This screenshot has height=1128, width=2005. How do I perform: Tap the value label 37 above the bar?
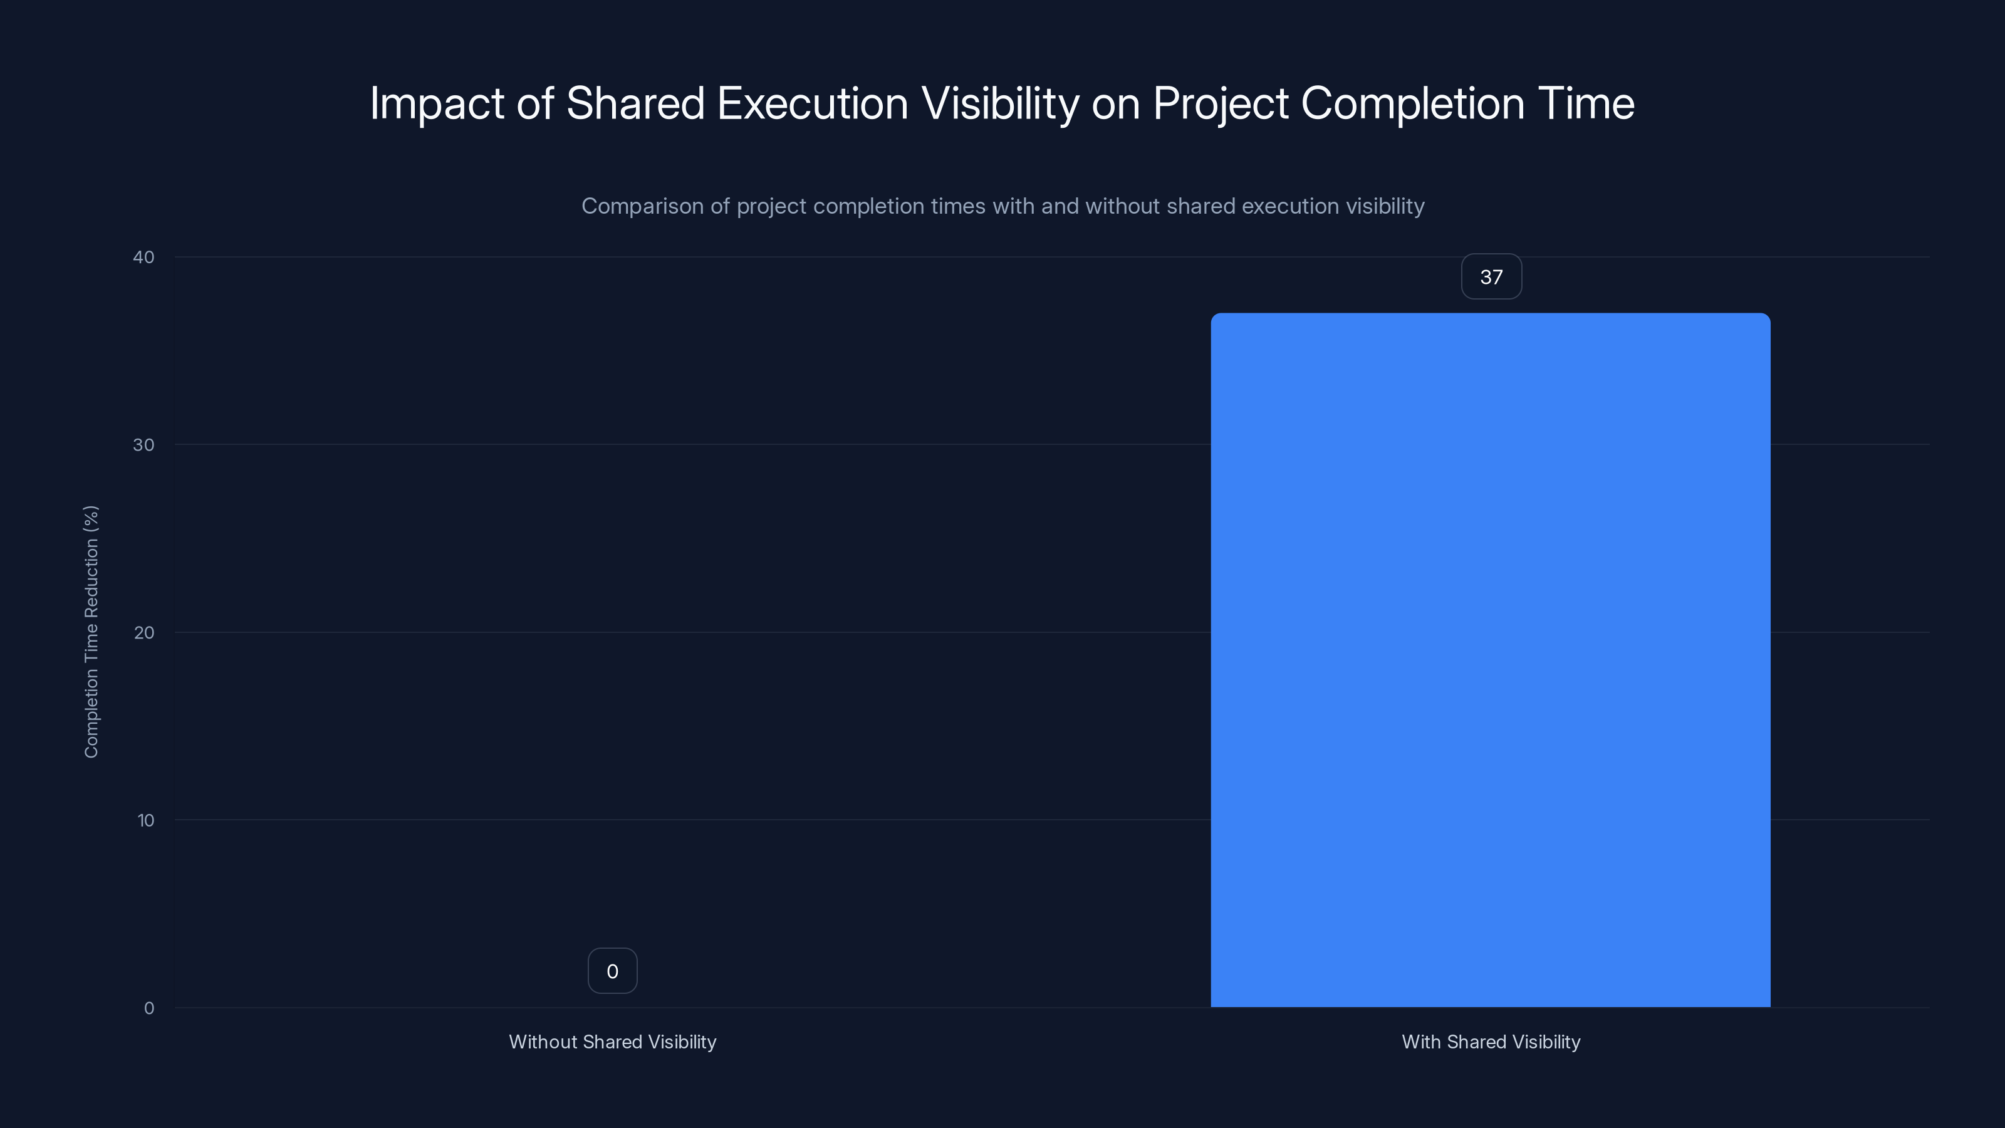click(x=1491, y=277)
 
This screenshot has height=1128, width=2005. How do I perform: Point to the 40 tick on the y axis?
click(x=144, y=257)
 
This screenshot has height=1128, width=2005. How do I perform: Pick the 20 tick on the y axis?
click(x=144, y=632)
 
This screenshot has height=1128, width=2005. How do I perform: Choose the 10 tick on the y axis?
click(x=145, y=820)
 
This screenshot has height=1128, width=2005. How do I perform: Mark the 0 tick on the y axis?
click(x=148, y=1008)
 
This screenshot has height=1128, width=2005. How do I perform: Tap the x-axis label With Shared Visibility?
click(x=1491, y=1042)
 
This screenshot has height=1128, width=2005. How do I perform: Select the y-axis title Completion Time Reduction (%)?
click(x=91, y=631)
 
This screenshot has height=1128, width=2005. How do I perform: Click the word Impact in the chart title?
click(x=437, y=103)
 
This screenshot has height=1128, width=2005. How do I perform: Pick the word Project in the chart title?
click(x=1221, y=103)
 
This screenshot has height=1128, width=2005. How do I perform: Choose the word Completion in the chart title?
click(x=1412, y=103)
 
